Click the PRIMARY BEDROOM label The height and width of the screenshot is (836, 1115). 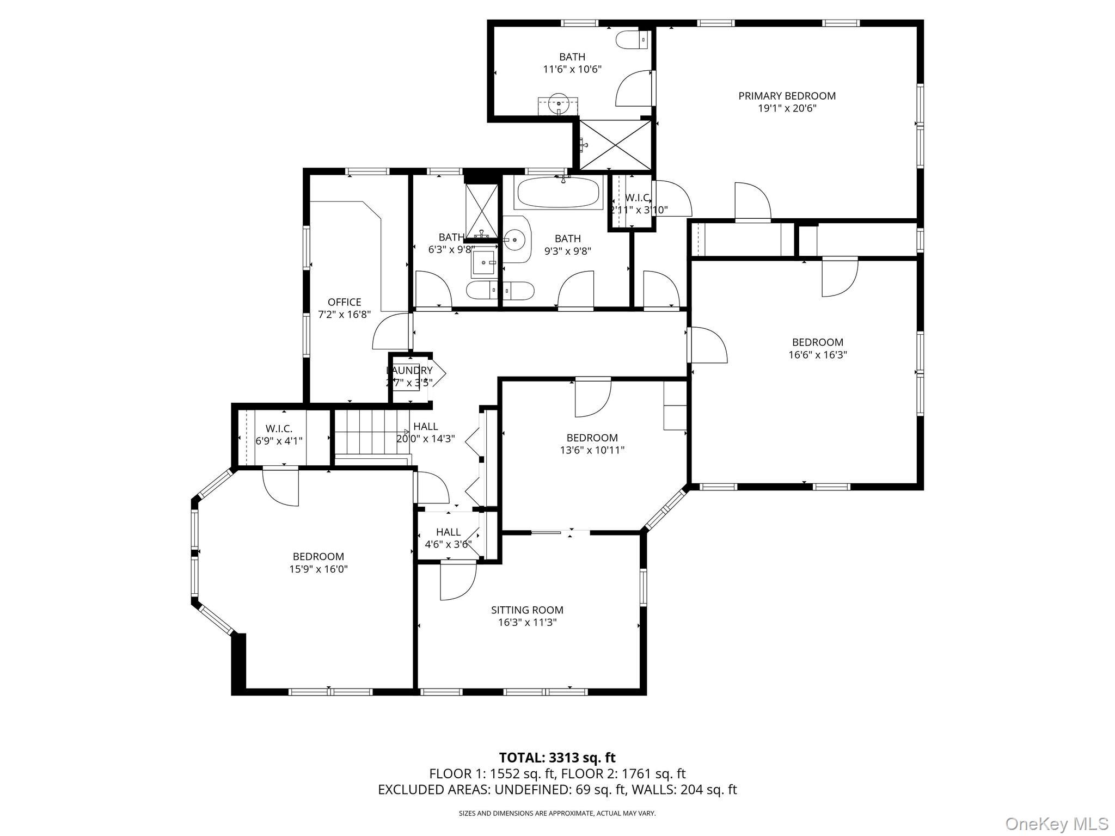coord(787,96)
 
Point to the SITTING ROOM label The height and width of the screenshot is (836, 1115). coord(527,610)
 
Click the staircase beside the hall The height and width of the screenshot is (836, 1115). coord(370,433)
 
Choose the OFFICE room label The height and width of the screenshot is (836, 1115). coord(344,302)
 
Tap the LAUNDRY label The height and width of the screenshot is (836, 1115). coord(409,371)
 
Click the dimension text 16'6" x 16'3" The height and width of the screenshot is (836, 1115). coord(818,355)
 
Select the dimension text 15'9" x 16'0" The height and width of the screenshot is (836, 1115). coord(318,569)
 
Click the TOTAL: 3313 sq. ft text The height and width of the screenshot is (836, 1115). coord(557,758)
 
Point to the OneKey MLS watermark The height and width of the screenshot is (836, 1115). coord(1056,823)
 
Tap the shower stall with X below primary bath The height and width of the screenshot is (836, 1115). coord(615,145)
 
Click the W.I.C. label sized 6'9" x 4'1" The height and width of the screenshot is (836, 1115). coord(279,428)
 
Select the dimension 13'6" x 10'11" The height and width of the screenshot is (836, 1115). coord(592,450)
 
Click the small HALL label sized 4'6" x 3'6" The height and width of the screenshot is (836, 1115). coord(448,532)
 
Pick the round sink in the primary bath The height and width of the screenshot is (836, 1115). coord(559,102)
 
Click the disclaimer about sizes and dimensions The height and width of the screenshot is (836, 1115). coord(557,813)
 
